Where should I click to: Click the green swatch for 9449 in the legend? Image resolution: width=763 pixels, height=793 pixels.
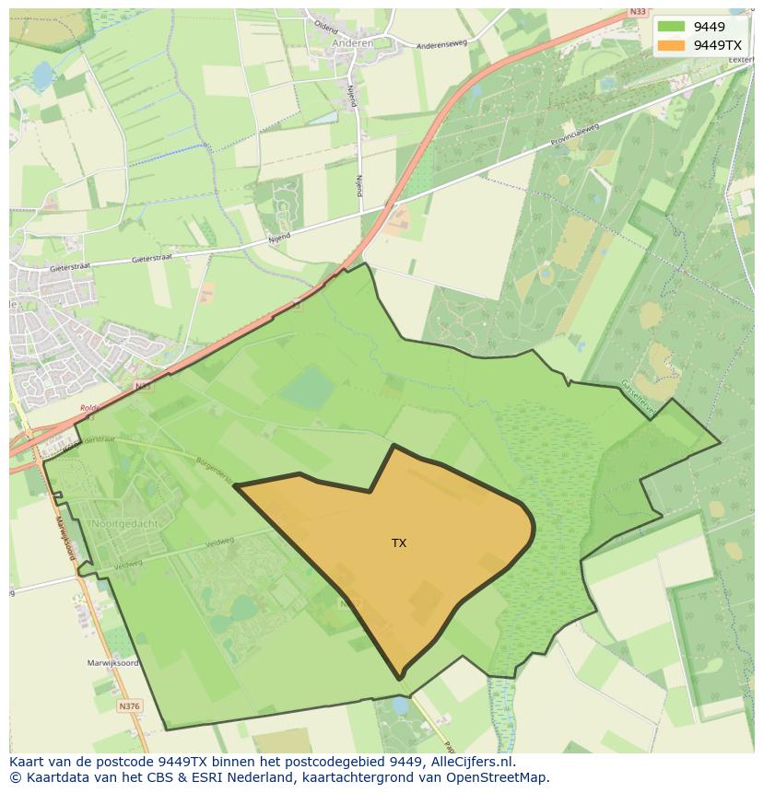click(x=671, y=27)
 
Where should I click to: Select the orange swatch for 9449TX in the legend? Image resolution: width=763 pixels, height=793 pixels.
click(x=671, y=45)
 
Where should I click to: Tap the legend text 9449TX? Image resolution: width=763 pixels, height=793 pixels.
click(x=717, y=45)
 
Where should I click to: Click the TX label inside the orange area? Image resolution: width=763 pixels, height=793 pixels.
click(x=399, y=543)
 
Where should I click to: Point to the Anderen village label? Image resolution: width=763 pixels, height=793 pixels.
click(x=352, y=42)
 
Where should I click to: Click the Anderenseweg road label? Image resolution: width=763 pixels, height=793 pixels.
click(x=442, y=44)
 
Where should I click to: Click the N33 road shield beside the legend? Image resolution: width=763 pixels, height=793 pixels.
click(x=638, y=12)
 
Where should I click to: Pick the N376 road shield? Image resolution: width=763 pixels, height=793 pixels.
click(x=129, y=706)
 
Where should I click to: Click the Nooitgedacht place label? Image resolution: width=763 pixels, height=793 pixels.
click(x=125, y=523)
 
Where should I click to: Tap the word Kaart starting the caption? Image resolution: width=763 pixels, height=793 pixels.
click(x=27, y=762)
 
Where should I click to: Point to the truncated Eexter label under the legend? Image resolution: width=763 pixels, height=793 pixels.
click(x=740, y=59)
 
